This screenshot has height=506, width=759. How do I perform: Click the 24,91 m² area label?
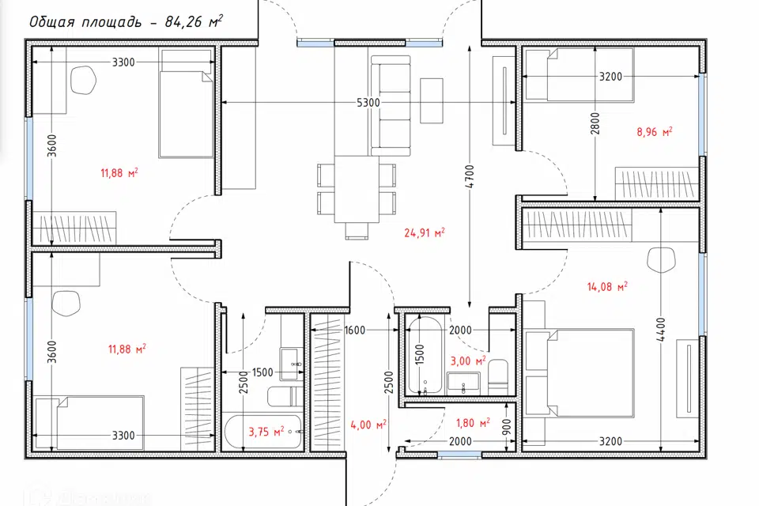(425, 233)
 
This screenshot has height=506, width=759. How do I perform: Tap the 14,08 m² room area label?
(607, 287)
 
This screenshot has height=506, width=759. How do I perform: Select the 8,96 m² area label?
(655, 132)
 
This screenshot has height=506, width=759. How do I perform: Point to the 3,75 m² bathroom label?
(266, 432)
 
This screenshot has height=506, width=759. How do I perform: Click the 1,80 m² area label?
(473, 423)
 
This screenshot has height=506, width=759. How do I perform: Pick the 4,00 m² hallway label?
(368, 425)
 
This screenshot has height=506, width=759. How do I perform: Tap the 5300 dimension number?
(368, 103)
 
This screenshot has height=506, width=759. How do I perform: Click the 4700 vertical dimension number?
(470, 177)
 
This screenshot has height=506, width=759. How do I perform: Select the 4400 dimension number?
(661, 330)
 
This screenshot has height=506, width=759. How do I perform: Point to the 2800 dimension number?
(595, 123)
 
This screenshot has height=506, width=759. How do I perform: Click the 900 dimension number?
(507, 427)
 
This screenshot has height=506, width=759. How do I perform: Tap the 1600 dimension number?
(355, 330)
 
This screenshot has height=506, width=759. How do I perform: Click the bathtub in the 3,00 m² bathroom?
(425, 355)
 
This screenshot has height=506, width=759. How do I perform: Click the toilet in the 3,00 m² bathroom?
(497, 377)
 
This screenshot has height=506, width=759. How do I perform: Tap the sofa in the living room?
(391, 106)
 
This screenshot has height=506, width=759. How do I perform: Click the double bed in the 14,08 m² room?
(580, 373)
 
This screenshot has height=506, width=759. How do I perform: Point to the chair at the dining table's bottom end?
(357, 231)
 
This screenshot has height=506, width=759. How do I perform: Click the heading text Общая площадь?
(85, 22)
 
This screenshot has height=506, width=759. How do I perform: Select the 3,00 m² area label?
(468, 361)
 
